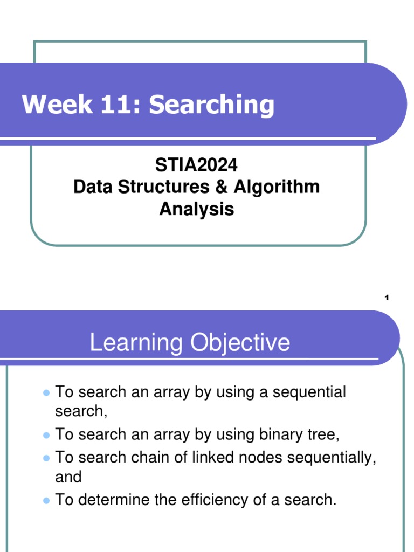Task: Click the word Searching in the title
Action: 211,105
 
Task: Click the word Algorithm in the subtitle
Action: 277,187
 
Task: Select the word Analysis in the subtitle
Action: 196,209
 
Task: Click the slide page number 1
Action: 387,298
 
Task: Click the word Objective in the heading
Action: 238,343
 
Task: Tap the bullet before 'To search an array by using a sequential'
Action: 46,392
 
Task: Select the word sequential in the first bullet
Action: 309,392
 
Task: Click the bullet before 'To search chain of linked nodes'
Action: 46,458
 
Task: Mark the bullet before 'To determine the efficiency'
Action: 46,500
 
